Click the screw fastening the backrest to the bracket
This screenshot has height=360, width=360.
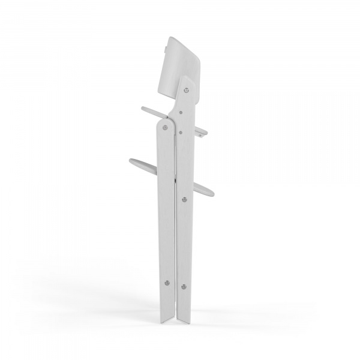coord(187,90)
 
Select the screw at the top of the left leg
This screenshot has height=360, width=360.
coord(165,127)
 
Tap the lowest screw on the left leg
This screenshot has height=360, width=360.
coord(167,283)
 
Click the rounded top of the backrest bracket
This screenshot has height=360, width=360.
coord(187,80)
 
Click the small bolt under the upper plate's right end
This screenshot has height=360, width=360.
coord(200,136)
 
